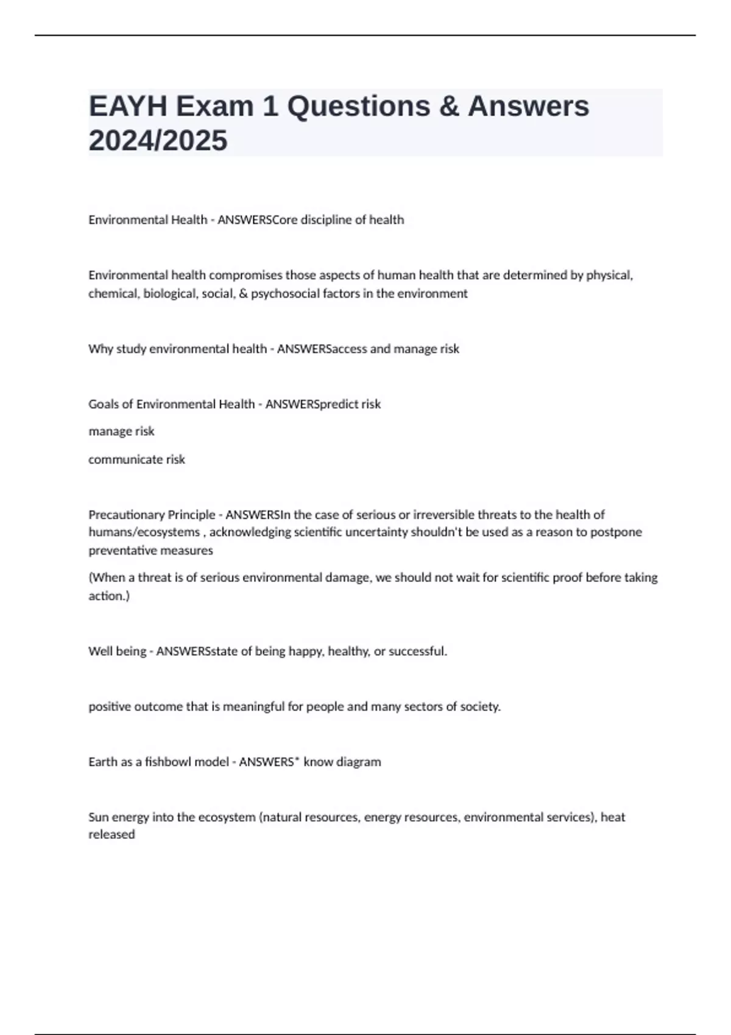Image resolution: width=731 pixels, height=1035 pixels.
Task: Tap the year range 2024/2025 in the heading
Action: point(158,141)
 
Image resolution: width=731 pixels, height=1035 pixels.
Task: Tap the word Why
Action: point(101,349)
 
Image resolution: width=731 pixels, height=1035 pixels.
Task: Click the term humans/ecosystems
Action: point(144,533)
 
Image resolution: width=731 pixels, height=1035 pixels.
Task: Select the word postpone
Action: point(619,533)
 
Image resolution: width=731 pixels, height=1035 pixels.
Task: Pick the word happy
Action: point(305,651)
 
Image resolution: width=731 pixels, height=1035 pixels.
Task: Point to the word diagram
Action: point(358,762)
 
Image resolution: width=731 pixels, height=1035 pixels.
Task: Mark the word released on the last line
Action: point(111,835)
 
